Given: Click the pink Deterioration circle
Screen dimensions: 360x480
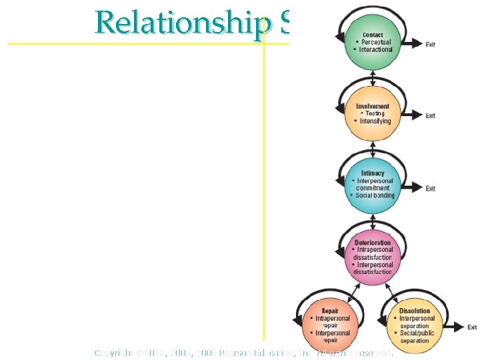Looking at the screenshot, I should tap(373, 256).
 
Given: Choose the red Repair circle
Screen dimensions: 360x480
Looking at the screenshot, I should tap(329, 325).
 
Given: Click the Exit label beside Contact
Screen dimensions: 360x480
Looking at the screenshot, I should tap(431, 45).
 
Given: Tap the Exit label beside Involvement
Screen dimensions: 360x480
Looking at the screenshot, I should tap(431, 116).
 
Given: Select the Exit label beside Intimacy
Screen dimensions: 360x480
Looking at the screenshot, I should tap(431, 189).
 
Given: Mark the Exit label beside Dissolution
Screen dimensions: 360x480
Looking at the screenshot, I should tap(472, 327).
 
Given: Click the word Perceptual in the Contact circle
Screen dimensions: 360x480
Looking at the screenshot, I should tap(377, 43).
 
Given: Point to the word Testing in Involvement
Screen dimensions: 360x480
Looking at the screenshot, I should tap(375, 113).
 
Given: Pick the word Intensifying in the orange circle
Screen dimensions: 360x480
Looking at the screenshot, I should tap(375, 121).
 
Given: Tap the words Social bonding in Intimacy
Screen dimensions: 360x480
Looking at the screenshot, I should tap(375, 195).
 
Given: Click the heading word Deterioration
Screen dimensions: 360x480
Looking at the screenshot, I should tap(373, 243).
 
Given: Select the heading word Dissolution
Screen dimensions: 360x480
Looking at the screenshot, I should tap(415, 311).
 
